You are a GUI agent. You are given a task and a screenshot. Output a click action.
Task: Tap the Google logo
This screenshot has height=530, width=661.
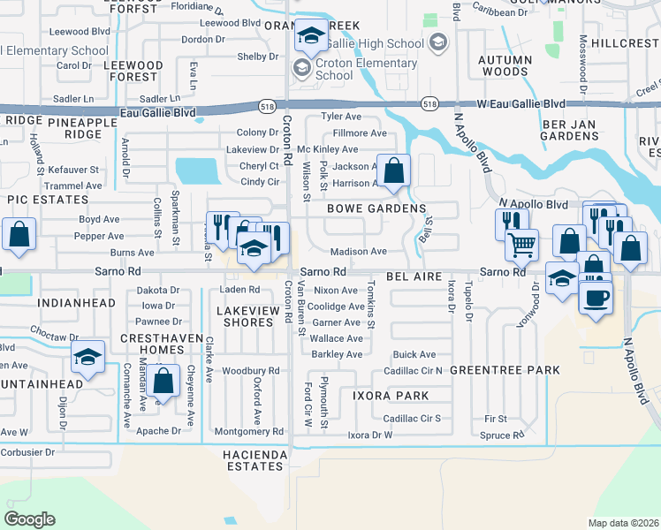coord(30,519)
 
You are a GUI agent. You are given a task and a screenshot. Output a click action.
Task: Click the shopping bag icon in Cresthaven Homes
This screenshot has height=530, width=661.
coord(163,382)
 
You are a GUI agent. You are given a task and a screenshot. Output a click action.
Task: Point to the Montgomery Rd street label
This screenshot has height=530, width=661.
coord(253,431)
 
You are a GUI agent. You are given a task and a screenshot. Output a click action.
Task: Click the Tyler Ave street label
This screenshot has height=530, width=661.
coord(342,117)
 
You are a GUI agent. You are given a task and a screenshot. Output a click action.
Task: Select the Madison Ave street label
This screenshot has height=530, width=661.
coord(359,252)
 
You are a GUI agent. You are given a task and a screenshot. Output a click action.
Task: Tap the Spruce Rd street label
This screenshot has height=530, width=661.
coord(502,435)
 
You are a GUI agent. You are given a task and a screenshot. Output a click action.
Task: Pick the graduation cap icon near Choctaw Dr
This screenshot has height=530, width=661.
coord(88,358)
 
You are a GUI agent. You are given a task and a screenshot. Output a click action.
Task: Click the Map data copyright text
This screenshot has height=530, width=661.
coord(624,523)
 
